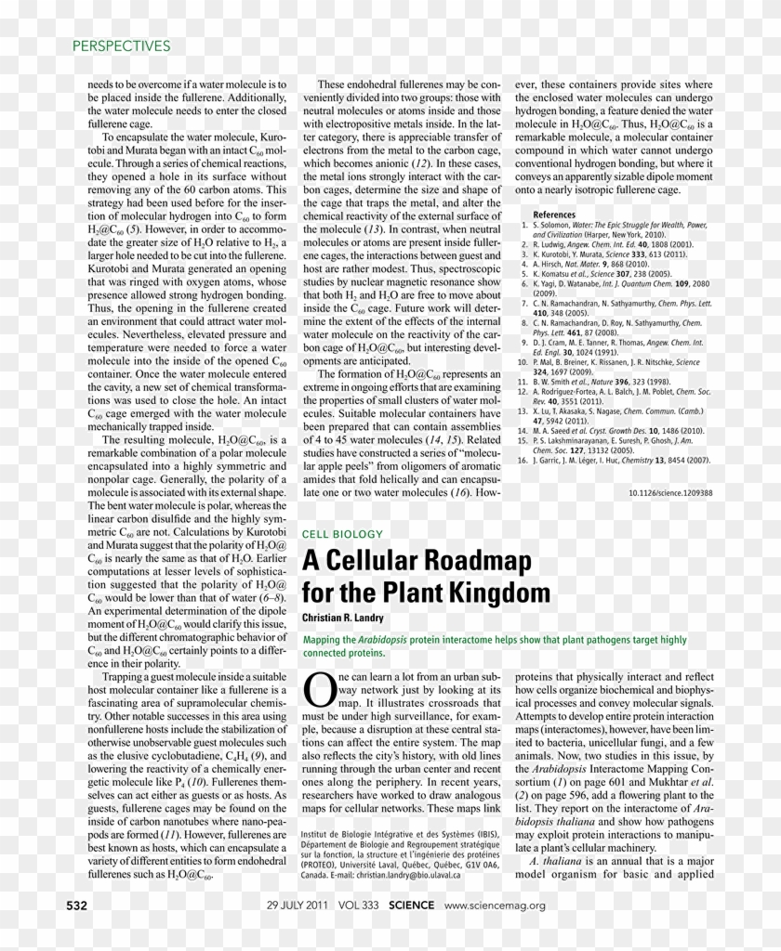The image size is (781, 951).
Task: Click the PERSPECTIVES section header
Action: click(121, 46)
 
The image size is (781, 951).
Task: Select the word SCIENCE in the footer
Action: click(411, 905)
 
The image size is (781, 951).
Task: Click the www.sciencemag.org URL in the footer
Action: click(495, 905)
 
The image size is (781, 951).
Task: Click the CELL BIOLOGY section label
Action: click(342, 534)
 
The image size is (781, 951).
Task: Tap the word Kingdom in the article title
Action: click(501, 593)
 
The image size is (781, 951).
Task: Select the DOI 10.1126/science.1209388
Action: click(669, 493)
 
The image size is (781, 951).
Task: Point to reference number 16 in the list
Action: click(523, 460)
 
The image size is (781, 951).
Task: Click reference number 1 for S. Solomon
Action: click(523, 225)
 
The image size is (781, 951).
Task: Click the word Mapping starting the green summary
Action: click(322, 640)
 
